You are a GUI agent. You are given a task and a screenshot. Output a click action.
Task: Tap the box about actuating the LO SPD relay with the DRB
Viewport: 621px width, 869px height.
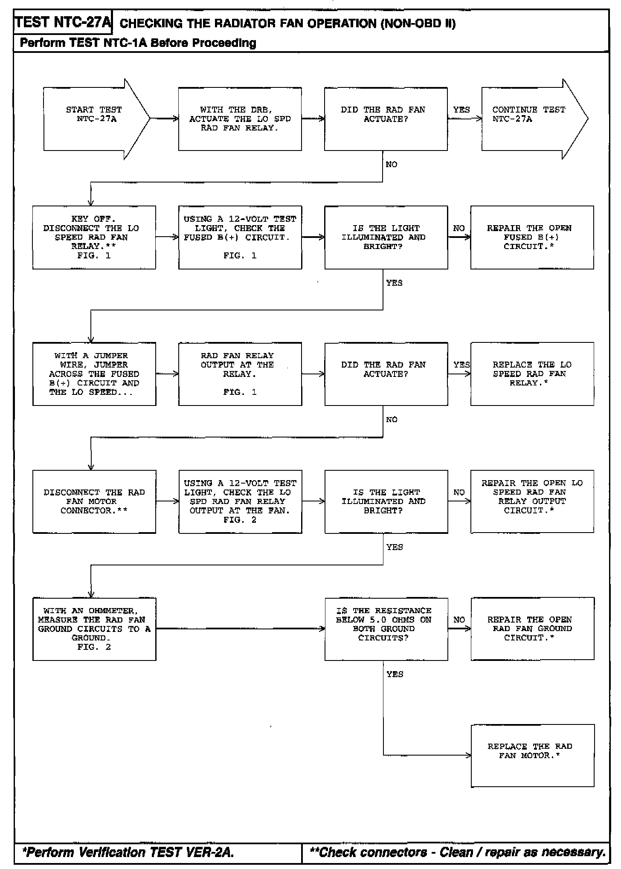[240, 119]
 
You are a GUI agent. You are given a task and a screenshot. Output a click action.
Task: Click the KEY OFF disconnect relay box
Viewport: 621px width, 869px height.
[94, 238]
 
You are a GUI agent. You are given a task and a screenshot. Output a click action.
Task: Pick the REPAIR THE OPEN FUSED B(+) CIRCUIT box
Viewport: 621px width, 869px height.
[532, 238]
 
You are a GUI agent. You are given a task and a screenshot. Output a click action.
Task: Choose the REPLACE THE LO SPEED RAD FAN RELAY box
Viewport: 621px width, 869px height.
[532, 374]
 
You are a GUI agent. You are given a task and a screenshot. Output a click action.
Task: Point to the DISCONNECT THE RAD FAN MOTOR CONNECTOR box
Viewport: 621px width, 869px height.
[94, 501]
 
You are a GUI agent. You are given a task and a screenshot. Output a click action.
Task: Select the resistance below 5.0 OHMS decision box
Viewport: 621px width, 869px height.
[386, 629]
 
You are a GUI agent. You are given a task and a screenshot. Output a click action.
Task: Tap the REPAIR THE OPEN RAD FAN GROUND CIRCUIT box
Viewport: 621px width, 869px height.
[532, 629]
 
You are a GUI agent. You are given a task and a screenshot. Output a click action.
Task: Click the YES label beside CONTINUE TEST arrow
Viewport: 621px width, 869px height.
[461, 110]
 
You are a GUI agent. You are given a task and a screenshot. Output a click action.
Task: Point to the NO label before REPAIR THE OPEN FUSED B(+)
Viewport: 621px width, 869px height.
[459, 229]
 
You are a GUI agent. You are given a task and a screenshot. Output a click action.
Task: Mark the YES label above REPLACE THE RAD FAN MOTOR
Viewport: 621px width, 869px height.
[395, 674]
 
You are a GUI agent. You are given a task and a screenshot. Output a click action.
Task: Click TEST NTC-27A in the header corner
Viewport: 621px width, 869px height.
[63, 23]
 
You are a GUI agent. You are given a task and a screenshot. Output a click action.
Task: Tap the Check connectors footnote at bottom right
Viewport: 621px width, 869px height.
[457, 852]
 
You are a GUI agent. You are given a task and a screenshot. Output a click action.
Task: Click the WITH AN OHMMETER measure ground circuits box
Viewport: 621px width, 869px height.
[94, 629]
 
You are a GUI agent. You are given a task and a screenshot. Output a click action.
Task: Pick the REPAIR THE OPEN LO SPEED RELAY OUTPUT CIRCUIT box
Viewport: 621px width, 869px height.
[532, 501]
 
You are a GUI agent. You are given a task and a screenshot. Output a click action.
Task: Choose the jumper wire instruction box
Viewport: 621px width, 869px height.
[94, 374]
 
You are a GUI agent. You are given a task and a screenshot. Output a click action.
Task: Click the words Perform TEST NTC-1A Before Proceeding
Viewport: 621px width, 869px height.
[138, 43]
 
